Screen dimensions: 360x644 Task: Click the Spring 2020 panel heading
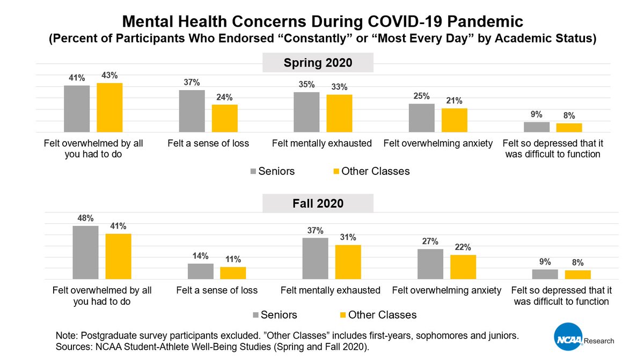(x=318, y=63)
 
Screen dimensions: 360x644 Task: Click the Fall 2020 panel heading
(x=318, y=204)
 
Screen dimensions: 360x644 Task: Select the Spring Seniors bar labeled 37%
(x=192, y=111)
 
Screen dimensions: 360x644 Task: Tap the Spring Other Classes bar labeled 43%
(x=109, y=107)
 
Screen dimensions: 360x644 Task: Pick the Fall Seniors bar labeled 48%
(x=86, y=252)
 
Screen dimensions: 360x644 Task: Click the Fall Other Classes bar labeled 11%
(x=233, y=273)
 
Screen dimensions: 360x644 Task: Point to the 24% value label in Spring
(x=224, y=97)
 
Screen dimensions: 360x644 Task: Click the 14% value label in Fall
(x=201, y=256)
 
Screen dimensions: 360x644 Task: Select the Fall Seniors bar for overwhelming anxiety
(x=430, y=264)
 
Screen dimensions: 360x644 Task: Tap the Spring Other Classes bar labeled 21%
(x=455, y=120)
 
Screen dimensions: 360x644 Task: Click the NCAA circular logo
(x=567, y=340)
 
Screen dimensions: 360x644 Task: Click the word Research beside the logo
(x=598, y=341)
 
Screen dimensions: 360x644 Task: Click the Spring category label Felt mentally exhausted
(x=321, y=143)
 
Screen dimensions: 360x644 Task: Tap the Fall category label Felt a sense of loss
(x=217, y=290)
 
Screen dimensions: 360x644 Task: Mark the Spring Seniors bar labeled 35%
(x=306, y=112)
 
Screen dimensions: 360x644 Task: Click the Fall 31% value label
(x=348, y=237)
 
